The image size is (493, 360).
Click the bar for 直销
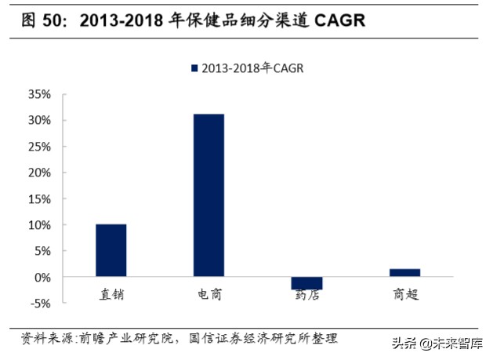[x=111, y=250]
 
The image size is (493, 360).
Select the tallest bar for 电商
[x=208, y=195]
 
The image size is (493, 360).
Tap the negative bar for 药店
[x=306, y=283]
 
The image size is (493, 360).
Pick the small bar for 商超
[x=404, y=273]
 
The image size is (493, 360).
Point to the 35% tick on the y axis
[x=40, y=94]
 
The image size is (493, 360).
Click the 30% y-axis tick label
[x=40, y=120]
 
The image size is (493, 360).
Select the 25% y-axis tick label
[x=40, y=147]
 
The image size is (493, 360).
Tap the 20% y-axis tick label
[x=40, y=173]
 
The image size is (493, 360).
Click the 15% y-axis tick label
[x=40, y=198]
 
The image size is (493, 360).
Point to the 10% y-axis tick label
[x=40, y=225]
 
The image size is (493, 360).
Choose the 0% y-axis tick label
[x=43, y=277]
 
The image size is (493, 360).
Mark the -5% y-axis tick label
[x=40, y=303]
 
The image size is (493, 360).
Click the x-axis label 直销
[x=111, y=296]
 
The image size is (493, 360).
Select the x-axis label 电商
[x=208, y=296]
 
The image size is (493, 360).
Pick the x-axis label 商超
[x=404, y=296]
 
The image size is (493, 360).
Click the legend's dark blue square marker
[x=194, y=69]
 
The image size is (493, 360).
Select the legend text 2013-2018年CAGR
[x=252, y=69]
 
